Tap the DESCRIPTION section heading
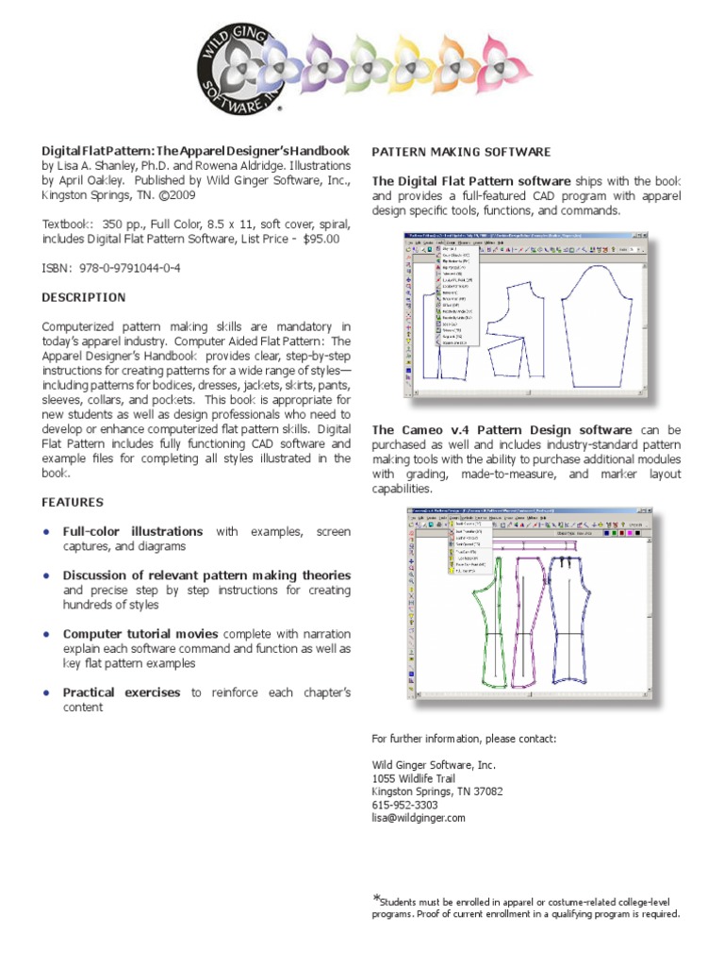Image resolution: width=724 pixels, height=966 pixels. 84,297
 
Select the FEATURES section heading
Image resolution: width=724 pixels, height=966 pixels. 73,502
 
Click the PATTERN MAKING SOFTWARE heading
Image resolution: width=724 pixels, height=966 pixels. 462,152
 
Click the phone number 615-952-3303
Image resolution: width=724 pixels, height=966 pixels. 405,805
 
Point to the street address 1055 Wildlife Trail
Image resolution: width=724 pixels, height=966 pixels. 420,778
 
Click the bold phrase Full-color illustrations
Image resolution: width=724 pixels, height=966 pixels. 133,531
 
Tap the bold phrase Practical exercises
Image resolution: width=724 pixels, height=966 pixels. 122,692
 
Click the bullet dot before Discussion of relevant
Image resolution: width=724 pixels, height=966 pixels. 47,575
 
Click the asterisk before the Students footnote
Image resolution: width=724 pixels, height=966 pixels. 377,897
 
